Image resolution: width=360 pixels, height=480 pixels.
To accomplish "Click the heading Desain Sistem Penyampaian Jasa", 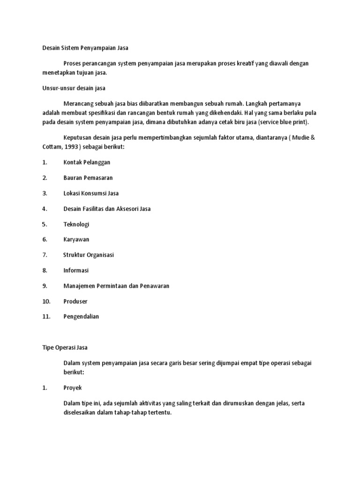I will tap(85, 47).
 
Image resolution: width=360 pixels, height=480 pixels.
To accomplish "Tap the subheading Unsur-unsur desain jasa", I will tap(74, 88).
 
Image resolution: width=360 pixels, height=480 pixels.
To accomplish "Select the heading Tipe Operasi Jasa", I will tap(65, 347).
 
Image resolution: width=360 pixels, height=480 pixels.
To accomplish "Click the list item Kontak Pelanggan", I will tap(87, 162).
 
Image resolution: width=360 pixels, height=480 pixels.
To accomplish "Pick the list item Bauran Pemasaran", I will tap(88, 178).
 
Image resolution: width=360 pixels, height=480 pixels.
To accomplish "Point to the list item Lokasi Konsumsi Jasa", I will tap(91, 193).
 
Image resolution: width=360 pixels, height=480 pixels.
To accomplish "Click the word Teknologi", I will tap(76, 224).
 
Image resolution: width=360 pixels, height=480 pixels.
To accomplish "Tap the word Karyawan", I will tap(76, 240).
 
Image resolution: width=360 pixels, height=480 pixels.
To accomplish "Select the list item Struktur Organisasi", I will tap(89, 255).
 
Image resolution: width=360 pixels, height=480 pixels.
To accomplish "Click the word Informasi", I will tap(76, 270).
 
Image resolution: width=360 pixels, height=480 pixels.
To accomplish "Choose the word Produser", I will tap(75, 301).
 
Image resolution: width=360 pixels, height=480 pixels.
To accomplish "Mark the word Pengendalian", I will tap(81, 316).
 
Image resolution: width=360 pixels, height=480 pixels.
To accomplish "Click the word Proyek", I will tap(73, 388).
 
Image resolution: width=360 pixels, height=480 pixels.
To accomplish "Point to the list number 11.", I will tap(46, 316).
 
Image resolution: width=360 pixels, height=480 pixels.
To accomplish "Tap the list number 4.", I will tap(44, 209).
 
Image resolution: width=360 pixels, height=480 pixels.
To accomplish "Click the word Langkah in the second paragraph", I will tap(257, 103).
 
